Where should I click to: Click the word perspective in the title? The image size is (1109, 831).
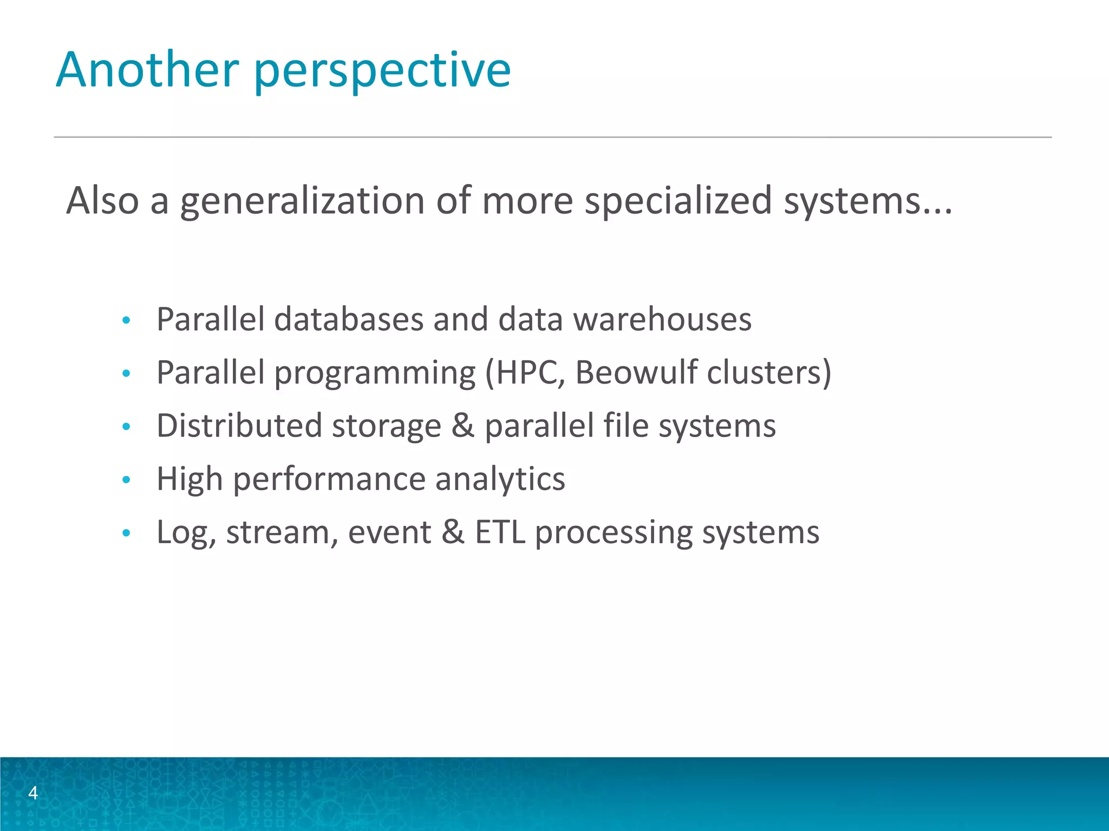382,71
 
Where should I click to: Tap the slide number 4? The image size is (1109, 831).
33,793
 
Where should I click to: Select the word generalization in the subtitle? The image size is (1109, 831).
302,201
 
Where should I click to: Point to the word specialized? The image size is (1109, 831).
678,201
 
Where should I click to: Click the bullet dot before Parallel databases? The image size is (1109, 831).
126,320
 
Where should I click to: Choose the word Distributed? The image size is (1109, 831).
239,425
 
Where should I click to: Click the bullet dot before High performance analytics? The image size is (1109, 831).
126,479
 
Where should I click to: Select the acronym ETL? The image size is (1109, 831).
500,532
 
